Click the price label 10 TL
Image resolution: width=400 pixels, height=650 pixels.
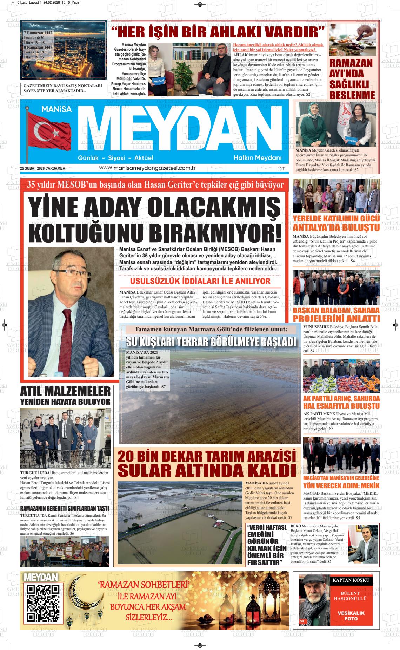(x=282, y=169)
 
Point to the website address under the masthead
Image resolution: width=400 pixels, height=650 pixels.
(x=147, y=168)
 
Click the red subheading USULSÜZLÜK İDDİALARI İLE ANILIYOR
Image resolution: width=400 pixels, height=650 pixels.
(x=200, y=281)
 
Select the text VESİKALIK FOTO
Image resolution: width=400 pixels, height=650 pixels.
(x=351, y=616)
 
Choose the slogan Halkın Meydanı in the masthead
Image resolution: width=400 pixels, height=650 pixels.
(x=258, y=158)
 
